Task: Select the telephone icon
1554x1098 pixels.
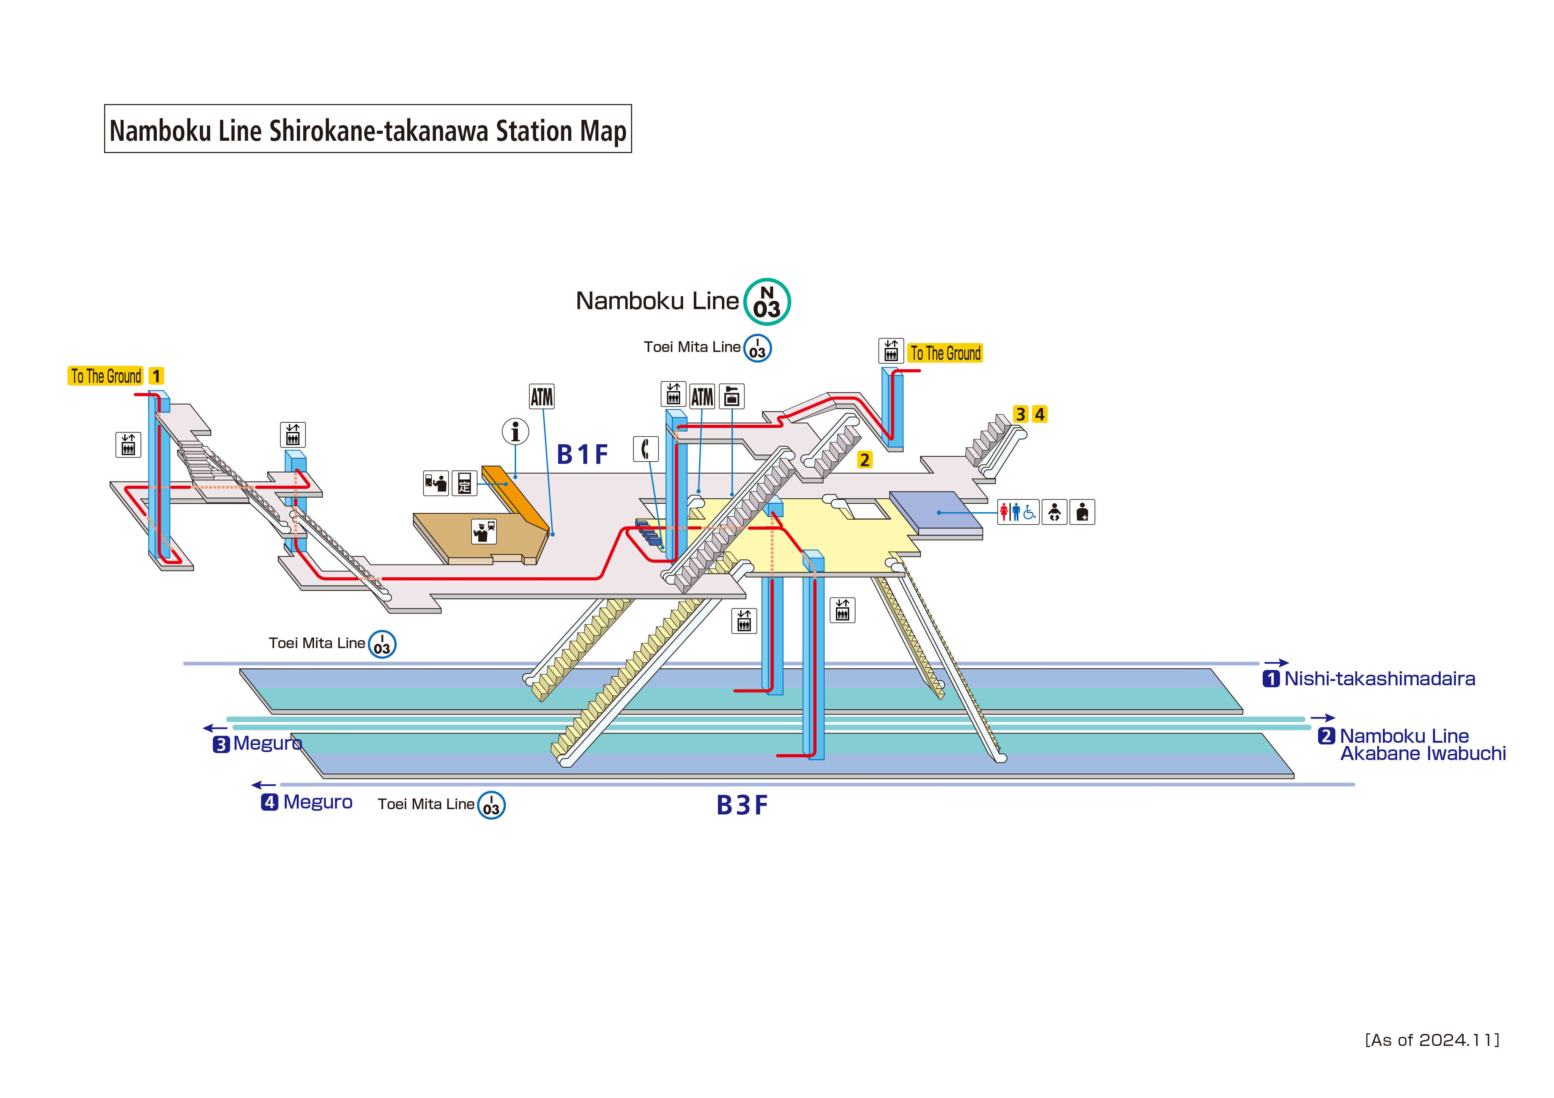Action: tap(645, 449)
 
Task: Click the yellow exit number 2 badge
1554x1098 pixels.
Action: tap(864, 460)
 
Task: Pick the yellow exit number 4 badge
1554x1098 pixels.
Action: tap(1040, 414)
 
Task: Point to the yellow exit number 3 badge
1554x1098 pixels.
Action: tap(1021, 414)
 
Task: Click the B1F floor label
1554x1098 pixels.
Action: tap(582, 455)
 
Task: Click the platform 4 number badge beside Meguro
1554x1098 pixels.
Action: tap(269, 802)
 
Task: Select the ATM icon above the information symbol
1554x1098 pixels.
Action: tap(542, 396)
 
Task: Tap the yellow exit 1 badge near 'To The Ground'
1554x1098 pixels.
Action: tap(156, 376)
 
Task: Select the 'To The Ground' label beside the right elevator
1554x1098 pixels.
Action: tap(945, 353)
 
